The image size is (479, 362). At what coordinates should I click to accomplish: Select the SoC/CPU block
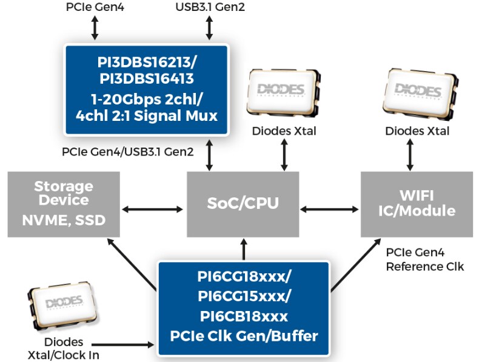(243, 203)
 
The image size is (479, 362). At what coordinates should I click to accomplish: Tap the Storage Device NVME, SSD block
(64, 203)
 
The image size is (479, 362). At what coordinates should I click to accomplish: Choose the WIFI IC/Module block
(417, 203)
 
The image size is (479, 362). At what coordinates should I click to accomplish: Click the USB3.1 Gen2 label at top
(210, 7)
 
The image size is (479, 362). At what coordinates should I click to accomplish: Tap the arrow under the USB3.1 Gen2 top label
(210, 28)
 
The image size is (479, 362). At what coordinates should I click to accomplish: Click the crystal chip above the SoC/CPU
(283, 92)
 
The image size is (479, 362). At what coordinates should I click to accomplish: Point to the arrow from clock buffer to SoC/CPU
(244, 249)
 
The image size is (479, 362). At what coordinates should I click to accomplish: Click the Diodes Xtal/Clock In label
(64, 349)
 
